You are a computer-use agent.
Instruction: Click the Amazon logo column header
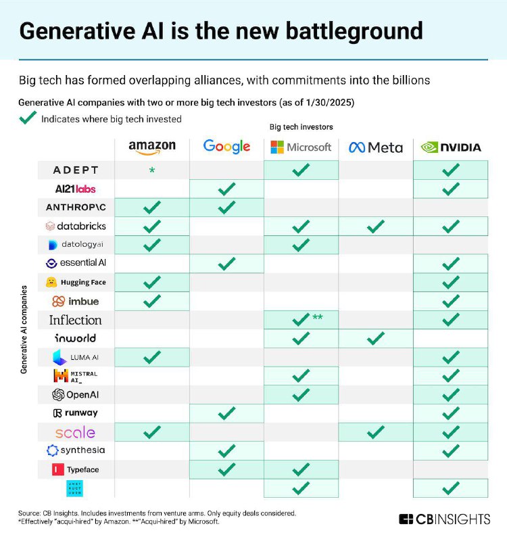152,146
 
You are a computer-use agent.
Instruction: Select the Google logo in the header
226,146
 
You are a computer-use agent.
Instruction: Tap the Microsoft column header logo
301,147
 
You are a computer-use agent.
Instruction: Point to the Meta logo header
376,147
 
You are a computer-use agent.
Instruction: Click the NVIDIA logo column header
451,147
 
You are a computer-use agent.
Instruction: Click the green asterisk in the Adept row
152,171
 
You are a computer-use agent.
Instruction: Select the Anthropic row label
76,207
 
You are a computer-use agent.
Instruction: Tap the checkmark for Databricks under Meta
376,226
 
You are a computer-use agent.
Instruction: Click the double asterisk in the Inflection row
316,317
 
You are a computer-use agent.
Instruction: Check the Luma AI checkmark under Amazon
152,356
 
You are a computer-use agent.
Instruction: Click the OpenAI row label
76,394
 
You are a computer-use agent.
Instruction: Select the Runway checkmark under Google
227,412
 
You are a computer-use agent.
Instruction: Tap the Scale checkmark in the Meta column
376,431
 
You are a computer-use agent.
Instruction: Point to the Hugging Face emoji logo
51,282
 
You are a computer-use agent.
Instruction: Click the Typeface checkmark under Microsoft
301,469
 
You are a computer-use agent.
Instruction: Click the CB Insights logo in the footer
443,519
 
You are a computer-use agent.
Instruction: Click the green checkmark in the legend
28,118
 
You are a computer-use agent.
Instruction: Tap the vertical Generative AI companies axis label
24,329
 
